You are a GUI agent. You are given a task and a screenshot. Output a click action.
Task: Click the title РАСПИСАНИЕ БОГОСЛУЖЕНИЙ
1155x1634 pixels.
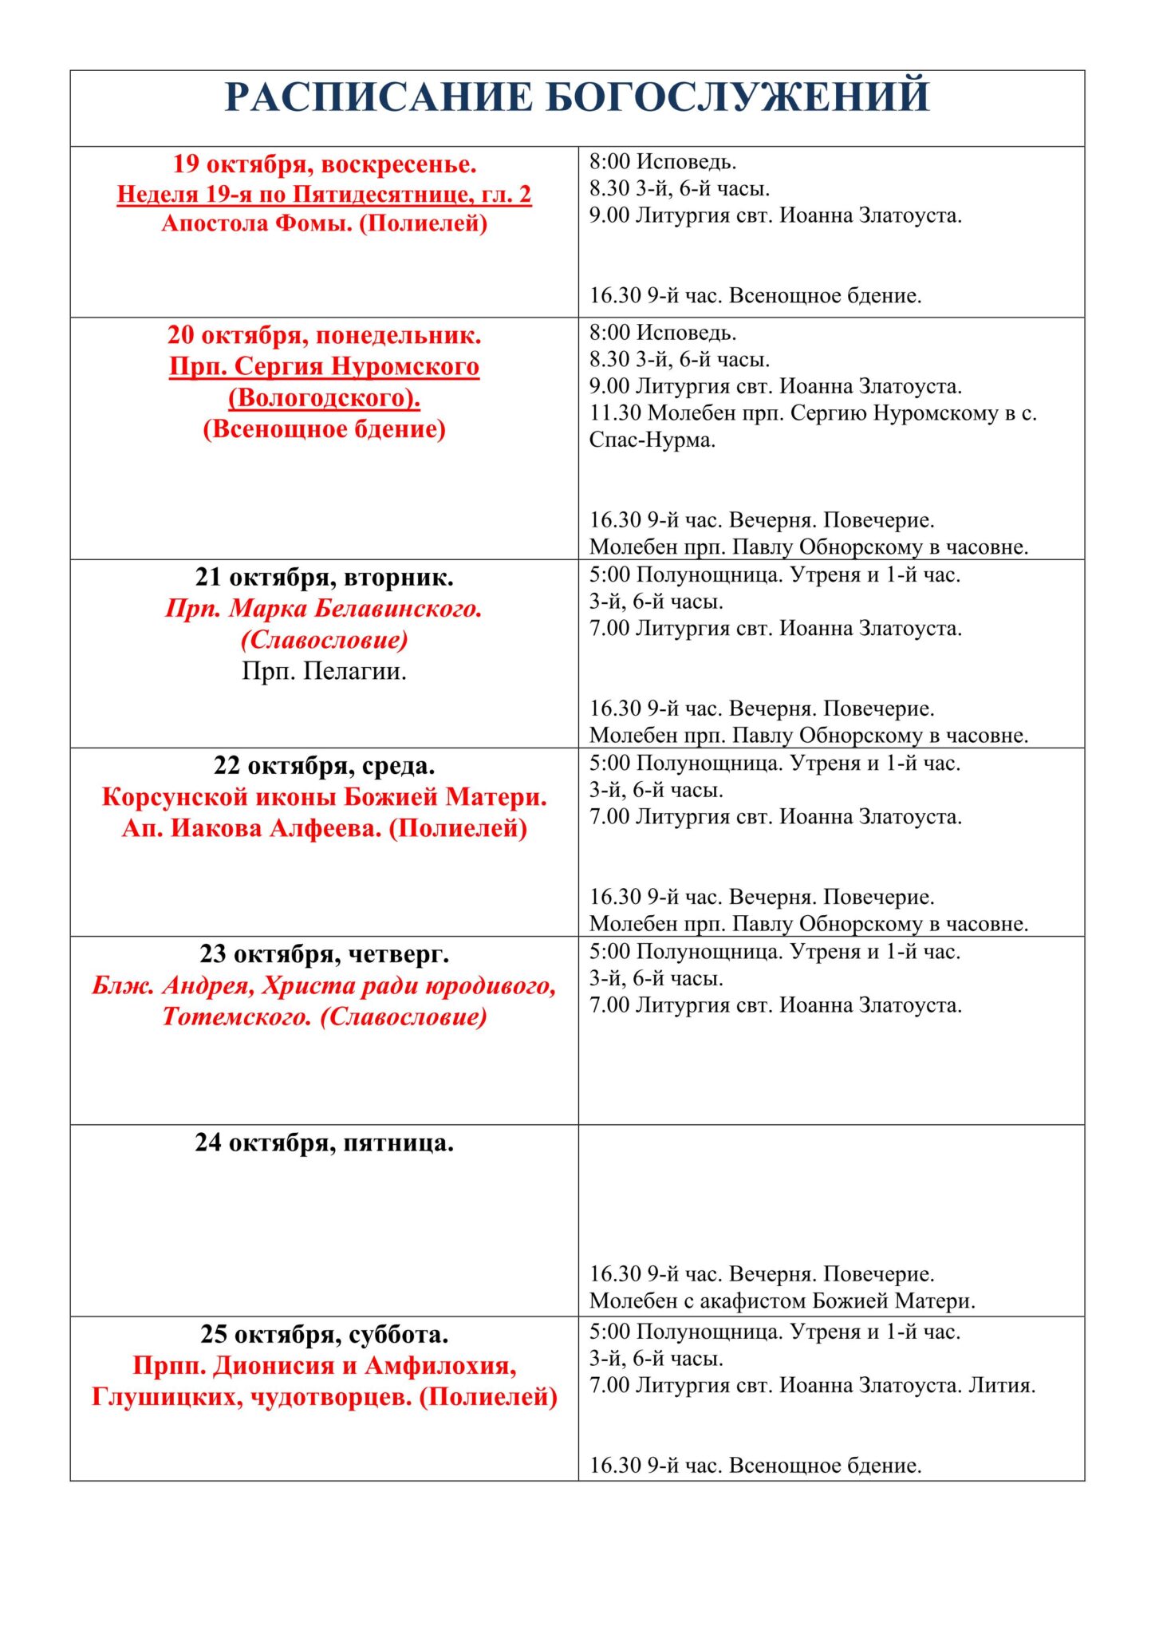click(x=577, y=97)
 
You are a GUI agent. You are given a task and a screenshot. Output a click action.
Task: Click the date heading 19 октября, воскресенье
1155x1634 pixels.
click(x=324, y=164)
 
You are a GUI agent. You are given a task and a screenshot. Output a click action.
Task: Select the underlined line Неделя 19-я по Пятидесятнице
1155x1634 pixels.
click(x=324, y=195)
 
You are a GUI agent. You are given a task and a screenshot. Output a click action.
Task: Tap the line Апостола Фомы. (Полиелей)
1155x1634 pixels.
click(x=324, y=223)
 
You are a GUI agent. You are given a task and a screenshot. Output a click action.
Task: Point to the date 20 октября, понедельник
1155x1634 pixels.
click(x=324, y=335)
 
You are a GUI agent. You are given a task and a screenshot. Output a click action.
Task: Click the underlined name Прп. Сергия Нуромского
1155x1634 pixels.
click(x=324, y=366)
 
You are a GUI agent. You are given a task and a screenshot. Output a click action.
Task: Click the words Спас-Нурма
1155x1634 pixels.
click(x=652, y=440)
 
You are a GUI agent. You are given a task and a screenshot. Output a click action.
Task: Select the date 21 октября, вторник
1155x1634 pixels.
click(x=324, y=578)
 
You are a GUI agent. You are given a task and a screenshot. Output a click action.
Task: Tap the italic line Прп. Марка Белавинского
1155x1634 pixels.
click(x=324, y=609)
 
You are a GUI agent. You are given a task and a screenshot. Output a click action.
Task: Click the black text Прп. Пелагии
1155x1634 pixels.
click(x=324, y=672)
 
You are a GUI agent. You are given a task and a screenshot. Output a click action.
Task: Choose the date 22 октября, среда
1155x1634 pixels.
click(x=324, y=766)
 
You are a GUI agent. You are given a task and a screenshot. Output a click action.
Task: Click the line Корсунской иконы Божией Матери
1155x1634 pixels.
click(x=324, y=797)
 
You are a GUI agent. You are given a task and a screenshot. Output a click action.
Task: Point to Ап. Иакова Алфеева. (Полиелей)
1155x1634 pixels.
click(x=324, y=828)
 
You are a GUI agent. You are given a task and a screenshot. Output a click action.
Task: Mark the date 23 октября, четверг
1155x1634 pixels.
click(x=324, y=954)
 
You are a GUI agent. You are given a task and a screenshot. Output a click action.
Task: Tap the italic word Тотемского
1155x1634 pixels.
click(x=236, y=1017)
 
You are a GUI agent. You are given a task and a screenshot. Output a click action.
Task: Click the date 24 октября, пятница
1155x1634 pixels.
click(x=324, y=1143)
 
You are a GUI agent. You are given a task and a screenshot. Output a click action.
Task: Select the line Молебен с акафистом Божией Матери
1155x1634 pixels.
click(x=782, y=1301)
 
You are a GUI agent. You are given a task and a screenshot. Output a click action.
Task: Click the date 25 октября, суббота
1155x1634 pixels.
click(x=324, y=1334)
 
